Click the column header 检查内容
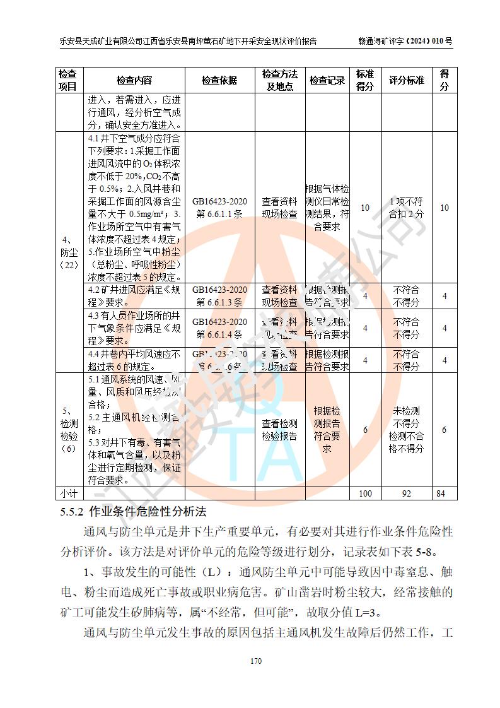tap(134, 81)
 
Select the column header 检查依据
tap(219, 81)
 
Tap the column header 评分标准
tap(406, 81)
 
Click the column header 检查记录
tap(327, 81)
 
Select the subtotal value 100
tap(365, 493)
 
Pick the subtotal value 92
tap(406, 493)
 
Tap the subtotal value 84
tap(444, 493)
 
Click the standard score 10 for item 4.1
tap(365, 208)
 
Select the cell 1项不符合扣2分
tap(406, 208)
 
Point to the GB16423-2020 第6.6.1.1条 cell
tap(219, 208)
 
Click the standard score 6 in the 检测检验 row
tap(365, 430)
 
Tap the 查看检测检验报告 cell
tap(279, 430)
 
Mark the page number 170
tap(255, 661)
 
